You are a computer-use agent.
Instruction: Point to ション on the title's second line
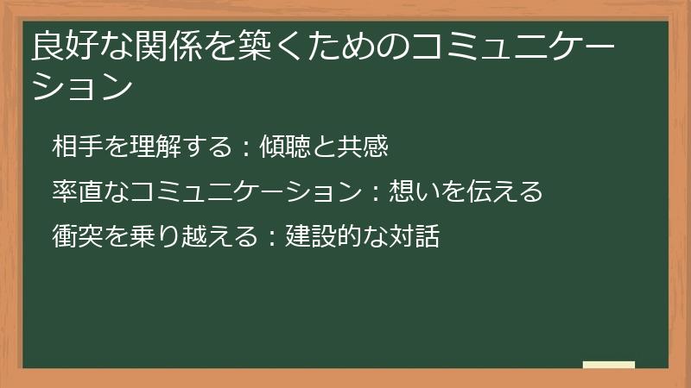click(x=82, y=87)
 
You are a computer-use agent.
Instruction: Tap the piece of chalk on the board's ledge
click(x=609, y=365)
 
